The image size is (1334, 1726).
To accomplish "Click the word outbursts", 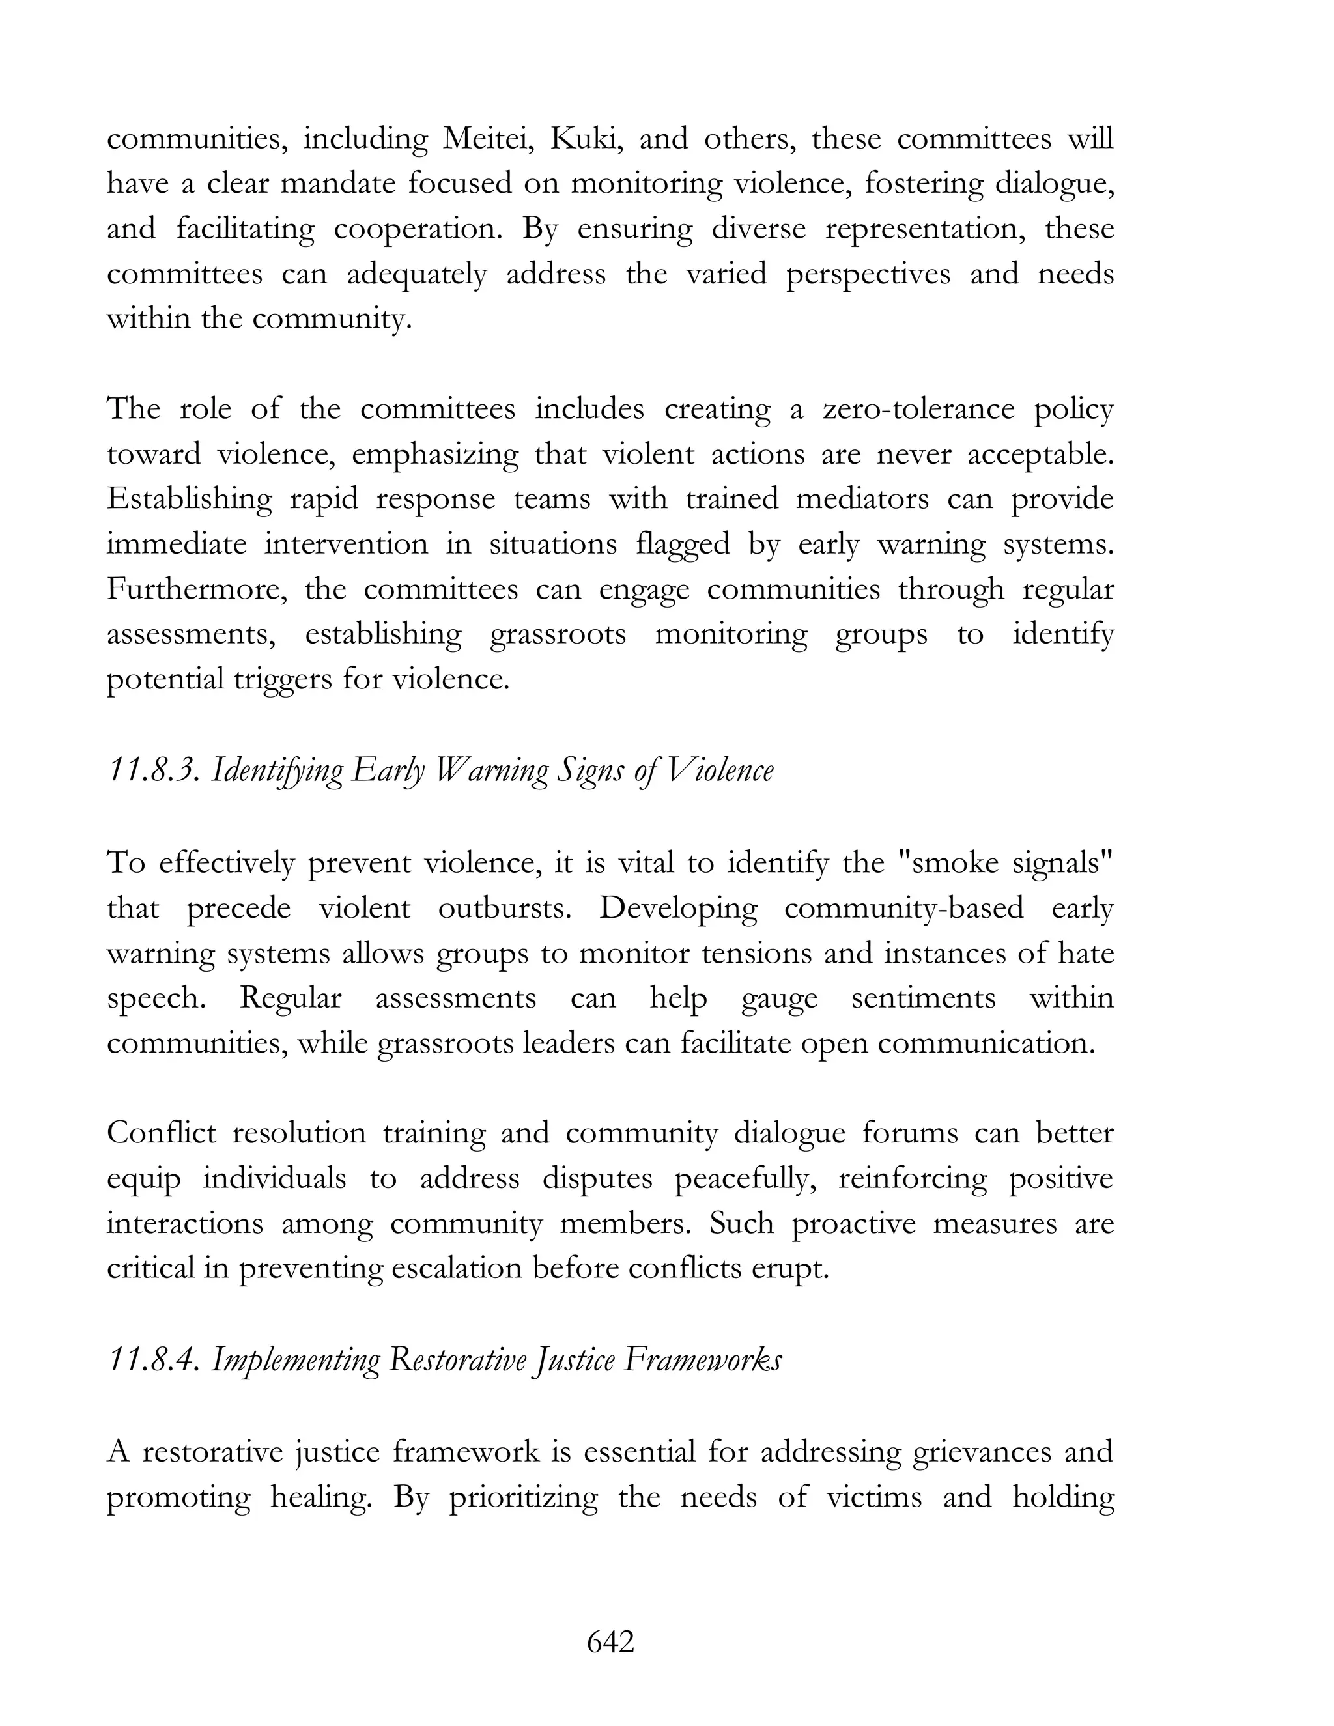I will [504, 908].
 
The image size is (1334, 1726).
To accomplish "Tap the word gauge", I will [779, 998].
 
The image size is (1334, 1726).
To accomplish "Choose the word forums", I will [909, 1133].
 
